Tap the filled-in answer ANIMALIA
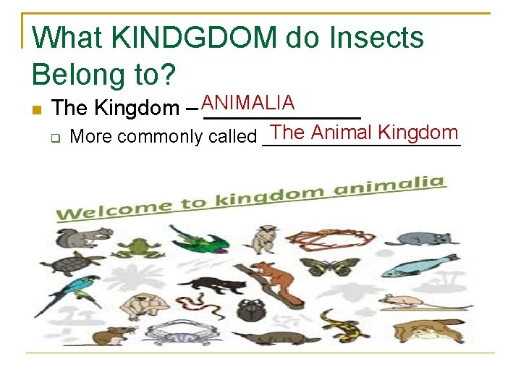248,103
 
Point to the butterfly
319,266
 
